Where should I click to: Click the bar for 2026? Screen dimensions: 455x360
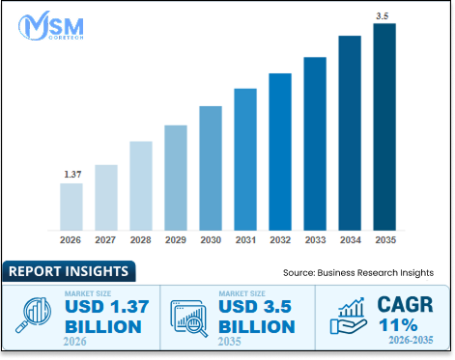[71, 207]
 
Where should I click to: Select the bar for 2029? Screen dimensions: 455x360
[176, 178]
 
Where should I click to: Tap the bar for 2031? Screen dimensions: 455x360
[245, 159]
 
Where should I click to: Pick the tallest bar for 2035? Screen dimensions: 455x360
[384, 126]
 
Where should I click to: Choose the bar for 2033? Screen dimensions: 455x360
[315, 144]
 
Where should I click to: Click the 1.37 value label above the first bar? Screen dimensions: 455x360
[72, 175]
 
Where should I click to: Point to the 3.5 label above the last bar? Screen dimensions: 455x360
[383, 16]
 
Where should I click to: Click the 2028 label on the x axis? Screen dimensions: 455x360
[140, 240]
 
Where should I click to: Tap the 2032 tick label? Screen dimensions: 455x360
[280, 240]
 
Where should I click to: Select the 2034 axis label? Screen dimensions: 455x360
[351, 240]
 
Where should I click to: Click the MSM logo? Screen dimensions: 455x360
[51, 26]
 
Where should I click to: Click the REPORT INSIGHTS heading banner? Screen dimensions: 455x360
[69, 271]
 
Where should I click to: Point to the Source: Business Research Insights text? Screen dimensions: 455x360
[358, 273]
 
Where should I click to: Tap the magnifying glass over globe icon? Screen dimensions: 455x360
[34, 315]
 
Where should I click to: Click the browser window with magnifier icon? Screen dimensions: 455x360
[189, 318]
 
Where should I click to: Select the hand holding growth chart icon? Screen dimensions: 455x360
[349, 316]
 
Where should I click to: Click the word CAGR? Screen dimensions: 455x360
[405, 304]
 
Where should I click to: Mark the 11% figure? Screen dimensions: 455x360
[398, 325]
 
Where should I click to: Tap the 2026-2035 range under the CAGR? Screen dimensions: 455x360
[411, 340]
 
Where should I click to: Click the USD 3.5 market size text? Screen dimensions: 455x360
[255, 306]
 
